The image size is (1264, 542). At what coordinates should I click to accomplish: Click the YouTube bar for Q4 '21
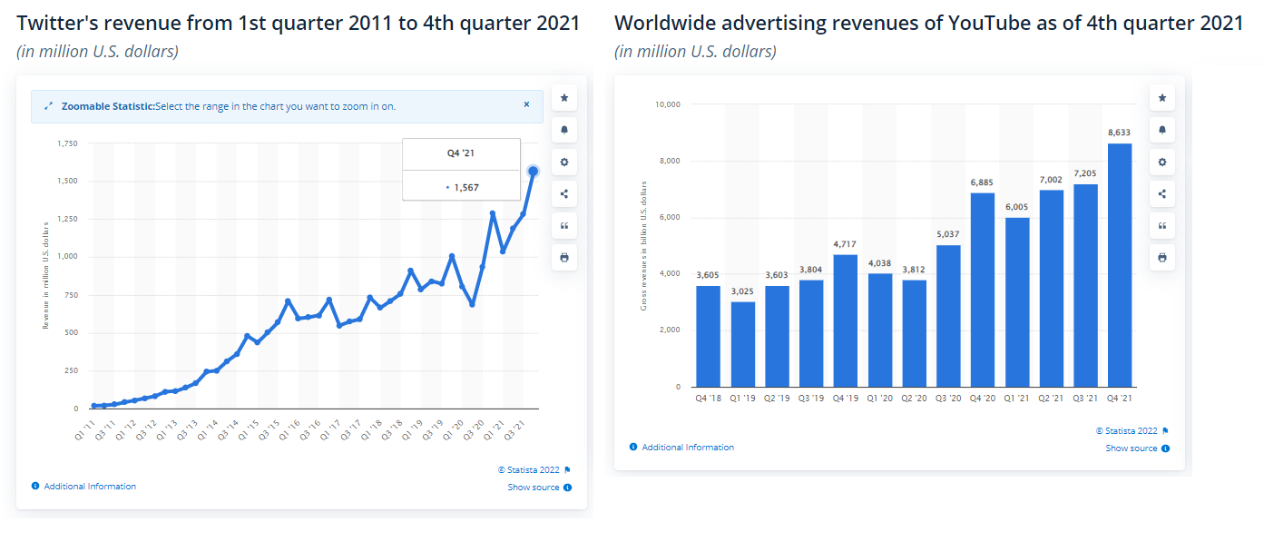pos(1120,265)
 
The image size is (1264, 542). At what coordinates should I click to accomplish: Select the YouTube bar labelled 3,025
pos(743,344)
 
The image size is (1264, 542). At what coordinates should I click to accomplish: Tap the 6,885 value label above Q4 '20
pos(983,182)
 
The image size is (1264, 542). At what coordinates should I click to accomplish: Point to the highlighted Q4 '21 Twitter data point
pos(533,171)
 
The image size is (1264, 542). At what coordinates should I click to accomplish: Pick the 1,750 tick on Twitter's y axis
pos(67,143)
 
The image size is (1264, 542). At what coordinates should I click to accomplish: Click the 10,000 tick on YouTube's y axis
pos(667,104)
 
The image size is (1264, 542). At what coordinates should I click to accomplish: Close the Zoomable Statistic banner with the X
pos(526,104)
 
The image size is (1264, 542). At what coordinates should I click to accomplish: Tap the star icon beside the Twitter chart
pos(564,97)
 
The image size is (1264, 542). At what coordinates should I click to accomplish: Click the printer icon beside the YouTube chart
pos(1162,257)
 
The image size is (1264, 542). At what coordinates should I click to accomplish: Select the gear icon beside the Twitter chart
pos(564,162)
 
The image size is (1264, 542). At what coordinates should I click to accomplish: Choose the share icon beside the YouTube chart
pos(1162,193)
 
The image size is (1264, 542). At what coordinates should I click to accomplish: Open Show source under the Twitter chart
pos(534,488)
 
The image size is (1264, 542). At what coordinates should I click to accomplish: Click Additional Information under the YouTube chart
pos(687,448)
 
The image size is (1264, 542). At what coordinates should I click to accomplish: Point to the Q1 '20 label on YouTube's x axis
pos(879,399)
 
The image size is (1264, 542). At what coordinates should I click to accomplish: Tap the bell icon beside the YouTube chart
pos(1162,130)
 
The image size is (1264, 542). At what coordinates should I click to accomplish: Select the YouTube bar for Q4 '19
pos(845,320)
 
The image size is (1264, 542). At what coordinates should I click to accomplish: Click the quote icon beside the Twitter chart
pos(564,225)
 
